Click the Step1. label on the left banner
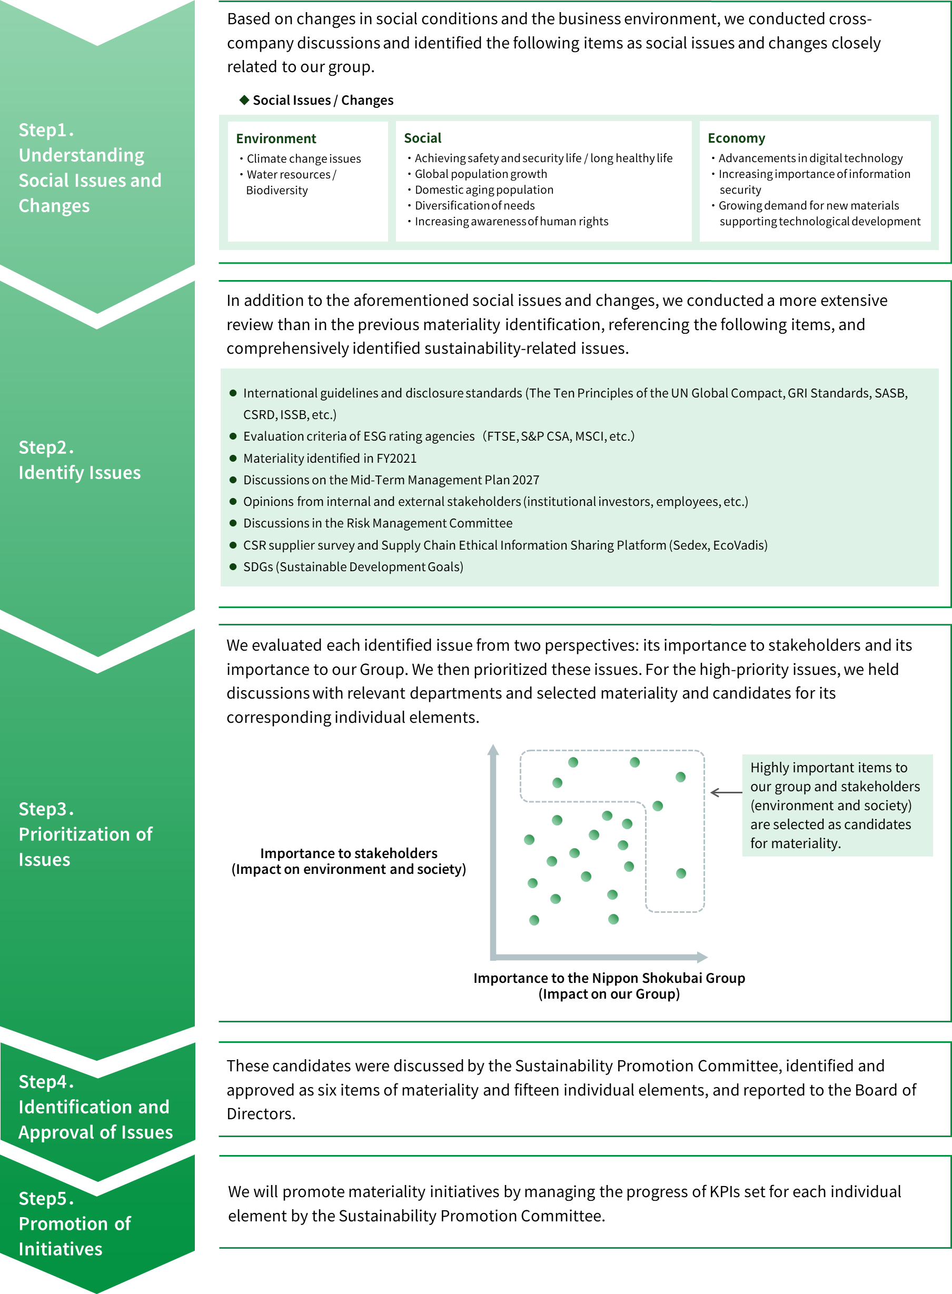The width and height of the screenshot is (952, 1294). pyautogui.click(x=46, y=130)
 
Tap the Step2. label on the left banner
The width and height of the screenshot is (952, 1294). pyautogui.click(x=46, y=447)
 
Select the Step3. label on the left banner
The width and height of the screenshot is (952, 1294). pyautogui.click(x=46, y=809)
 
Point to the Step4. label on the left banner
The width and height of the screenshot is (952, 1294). pyautogui.click(x=46, y=1081)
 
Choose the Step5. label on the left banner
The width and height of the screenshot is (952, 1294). pyautogui.click(x=46, y=1198)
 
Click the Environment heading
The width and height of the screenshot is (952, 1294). pyautogui.click(x=276, y=138)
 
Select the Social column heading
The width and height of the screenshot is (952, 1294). pyautogui.click(x=422, y=138)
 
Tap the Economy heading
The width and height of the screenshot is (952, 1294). pyautogui.click(x=737, y=138)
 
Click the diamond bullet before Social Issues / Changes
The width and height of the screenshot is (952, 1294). pyautogui.click(x=244, y=99)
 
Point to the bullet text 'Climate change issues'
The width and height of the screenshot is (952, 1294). pyautogui.click(x=304, y=158)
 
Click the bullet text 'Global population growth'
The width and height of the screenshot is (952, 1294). pyautogui.click(x=481, y=174)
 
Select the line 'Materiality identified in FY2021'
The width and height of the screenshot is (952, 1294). pyautogui.click(x=330, y=458)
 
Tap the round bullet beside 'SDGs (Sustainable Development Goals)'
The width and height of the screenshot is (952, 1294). pyautogui.click(x=233, y=566)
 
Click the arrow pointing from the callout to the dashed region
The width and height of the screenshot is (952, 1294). pyautogui.click(x=726, y=793)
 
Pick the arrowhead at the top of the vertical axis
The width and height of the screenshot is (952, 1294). pyautogui.click(x=493, y=750)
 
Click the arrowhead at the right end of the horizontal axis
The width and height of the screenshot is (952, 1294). pyautogui.click(x=702, y=957)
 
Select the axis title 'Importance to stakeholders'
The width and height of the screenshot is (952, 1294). pyautogui.click(x=349, y=853)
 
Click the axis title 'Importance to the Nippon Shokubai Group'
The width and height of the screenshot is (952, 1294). pyautogui.click(x=609, y=978)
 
